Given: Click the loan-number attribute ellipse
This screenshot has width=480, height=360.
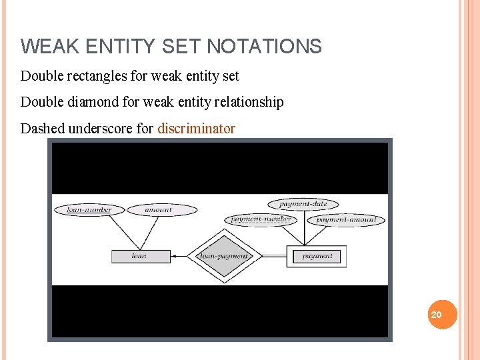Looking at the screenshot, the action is pyautogui.click(x=89, y=210).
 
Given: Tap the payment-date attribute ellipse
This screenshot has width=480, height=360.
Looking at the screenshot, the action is pyautogui.click(x=303, y=204).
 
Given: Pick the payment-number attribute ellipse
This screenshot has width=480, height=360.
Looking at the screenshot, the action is pyautogui.click(x=261, y=219).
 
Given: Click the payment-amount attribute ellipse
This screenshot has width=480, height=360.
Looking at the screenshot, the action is pyautogui.click(x=345, y=220).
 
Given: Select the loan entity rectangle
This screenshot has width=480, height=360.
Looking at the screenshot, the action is pyautogui.click(x=141, y=256).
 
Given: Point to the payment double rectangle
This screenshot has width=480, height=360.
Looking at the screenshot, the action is pyautogui.click(x=317, y=256).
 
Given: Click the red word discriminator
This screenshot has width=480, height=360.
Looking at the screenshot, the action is pyautogui.click(x=196, y=129).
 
